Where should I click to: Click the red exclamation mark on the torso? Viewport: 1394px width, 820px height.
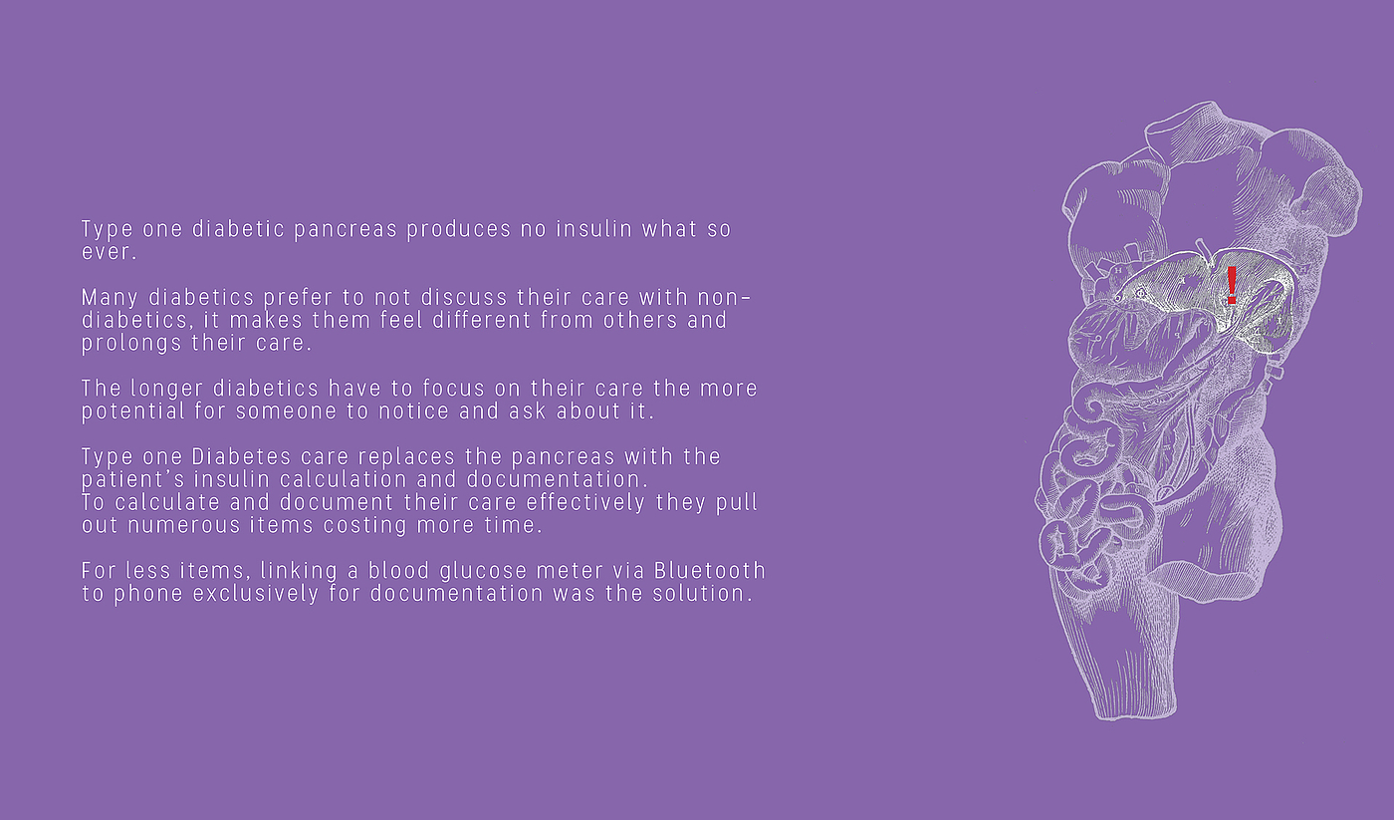click(1232, 285)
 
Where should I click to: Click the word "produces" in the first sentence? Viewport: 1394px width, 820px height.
click(459, 230)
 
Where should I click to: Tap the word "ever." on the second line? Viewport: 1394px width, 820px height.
click(109, 252)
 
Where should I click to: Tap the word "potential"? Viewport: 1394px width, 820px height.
click(133, 411)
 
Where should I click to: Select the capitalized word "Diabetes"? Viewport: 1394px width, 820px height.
click(241, 457)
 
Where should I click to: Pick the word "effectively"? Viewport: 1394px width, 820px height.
click(585, 502)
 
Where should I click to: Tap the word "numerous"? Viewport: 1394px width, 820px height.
click(183, 525)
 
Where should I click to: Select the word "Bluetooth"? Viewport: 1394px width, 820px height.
click(710, 571)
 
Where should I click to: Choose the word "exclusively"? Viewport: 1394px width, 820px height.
click(256, 594)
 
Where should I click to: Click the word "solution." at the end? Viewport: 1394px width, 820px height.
click(703, 594)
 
